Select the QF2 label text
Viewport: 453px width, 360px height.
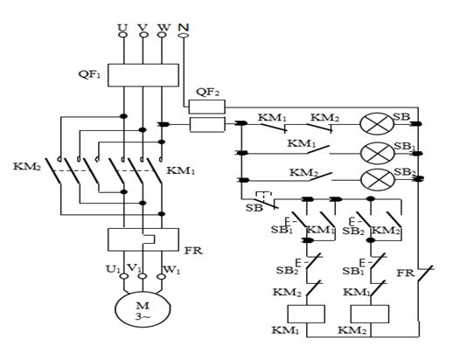point(207,92)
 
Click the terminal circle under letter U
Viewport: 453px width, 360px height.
point(122,35)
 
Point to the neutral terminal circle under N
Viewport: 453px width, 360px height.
point(184,36)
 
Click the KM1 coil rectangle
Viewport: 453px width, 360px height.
point(306,314)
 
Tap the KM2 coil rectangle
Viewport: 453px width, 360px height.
point(370,314)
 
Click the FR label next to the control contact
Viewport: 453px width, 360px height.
point(406,273)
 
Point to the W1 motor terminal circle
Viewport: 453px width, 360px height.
point(161,276)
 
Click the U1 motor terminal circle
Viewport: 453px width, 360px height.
point(124,276)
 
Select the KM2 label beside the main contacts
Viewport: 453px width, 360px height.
point(27,167)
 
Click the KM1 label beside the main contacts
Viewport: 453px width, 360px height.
point(181,170)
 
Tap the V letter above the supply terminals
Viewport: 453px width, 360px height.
point(143,27)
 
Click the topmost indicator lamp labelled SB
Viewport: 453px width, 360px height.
point(377,124)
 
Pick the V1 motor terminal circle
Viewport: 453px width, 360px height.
point(143,276)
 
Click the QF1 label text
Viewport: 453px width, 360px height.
point(90,74)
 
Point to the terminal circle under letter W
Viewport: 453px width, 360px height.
point(162,35)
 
